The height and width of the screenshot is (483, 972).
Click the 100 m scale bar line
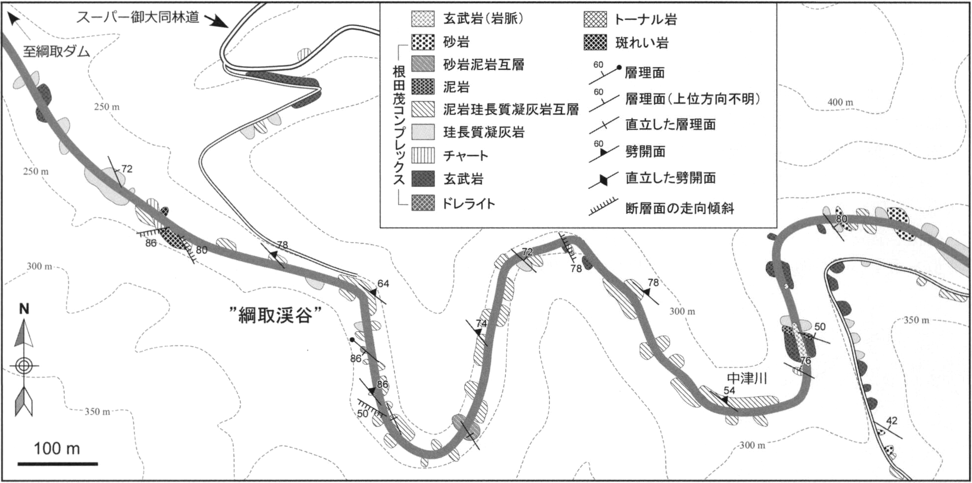click(57, 464)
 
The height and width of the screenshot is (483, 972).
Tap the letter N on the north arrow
click(24, 309)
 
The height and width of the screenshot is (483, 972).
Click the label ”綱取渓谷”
click(275, 315)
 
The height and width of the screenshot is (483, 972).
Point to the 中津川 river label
click(747, 379)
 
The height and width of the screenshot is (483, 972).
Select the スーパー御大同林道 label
click(137, 17)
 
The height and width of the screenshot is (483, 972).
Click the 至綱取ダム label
click(56, 51)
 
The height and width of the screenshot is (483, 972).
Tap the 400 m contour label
click(840, 102)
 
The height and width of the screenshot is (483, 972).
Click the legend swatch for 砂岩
click(423, 42)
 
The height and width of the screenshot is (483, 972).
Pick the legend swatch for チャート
click(423, 155)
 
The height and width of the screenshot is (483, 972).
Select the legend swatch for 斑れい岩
click(595, 43)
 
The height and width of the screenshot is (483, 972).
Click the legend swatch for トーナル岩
click(595, 19)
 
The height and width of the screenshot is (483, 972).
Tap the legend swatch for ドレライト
click(423, 203)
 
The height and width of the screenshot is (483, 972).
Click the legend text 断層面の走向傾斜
click(679, 208)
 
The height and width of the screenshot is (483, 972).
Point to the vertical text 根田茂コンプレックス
click(398, 126)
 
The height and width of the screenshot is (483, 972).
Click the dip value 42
click(891, 421)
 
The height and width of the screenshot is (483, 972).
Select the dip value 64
click(383, 284)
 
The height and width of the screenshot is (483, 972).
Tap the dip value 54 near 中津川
click(729, 390)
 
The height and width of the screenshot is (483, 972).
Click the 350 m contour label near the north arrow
click(97, 412)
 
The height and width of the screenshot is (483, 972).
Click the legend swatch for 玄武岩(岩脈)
click(423, 19)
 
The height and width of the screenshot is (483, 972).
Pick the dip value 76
click(805, 360)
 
